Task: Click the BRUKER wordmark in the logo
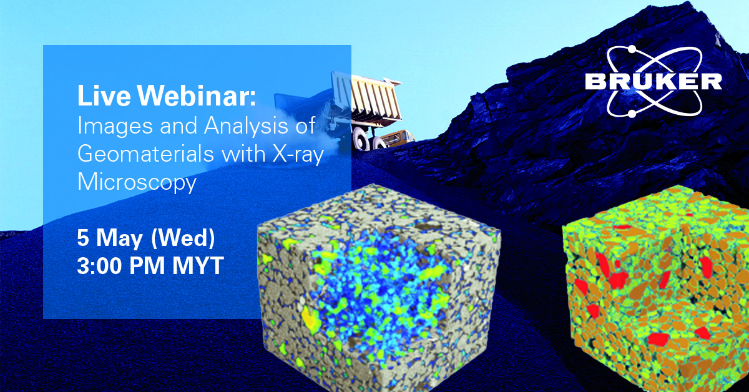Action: [x=653, y=81]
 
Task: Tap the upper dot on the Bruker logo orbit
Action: [x=631, y=49]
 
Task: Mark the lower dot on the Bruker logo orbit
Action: [x=632, y=114]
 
